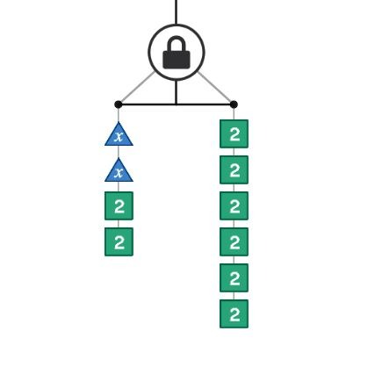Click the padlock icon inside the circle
(177, 53)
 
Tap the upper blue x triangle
(119, 135)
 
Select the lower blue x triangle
(119, 171)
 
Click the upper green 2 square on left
(119, 205)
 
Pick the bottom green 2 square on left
(119, 241)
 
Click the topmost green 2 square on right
(234, 133)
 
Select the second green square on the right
(234, 169)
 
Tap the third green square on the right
(234, 205)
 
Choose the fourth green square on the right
(234, 241)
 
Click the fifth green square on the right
(234, 277)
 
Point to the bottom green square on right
(234, 313)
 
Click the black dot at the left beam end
(119, 104)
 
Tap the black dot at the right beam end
(234, 104)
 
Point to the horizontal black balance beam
(176, 104)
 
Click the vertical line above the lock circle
(176, 12)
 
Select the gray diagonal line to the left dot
(137, 87)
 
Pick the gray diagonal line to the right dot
(214, 87)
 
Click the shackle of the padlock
(177, 44)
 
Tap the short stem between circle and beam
(176, 92)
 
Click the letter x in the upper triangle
(119, 137)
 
